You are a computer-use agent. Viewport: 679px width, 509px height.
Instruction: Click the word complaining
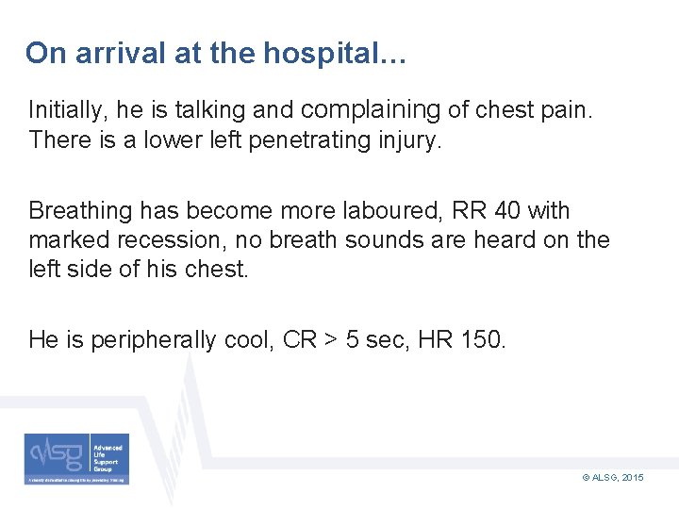tap(371, 111)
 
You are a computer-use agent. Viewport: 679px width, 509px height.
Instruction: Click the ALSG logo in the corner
tap(77, 459)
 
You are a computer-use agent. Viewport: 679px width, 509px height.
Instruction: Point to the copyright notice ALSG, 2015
tap(614, 479)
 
